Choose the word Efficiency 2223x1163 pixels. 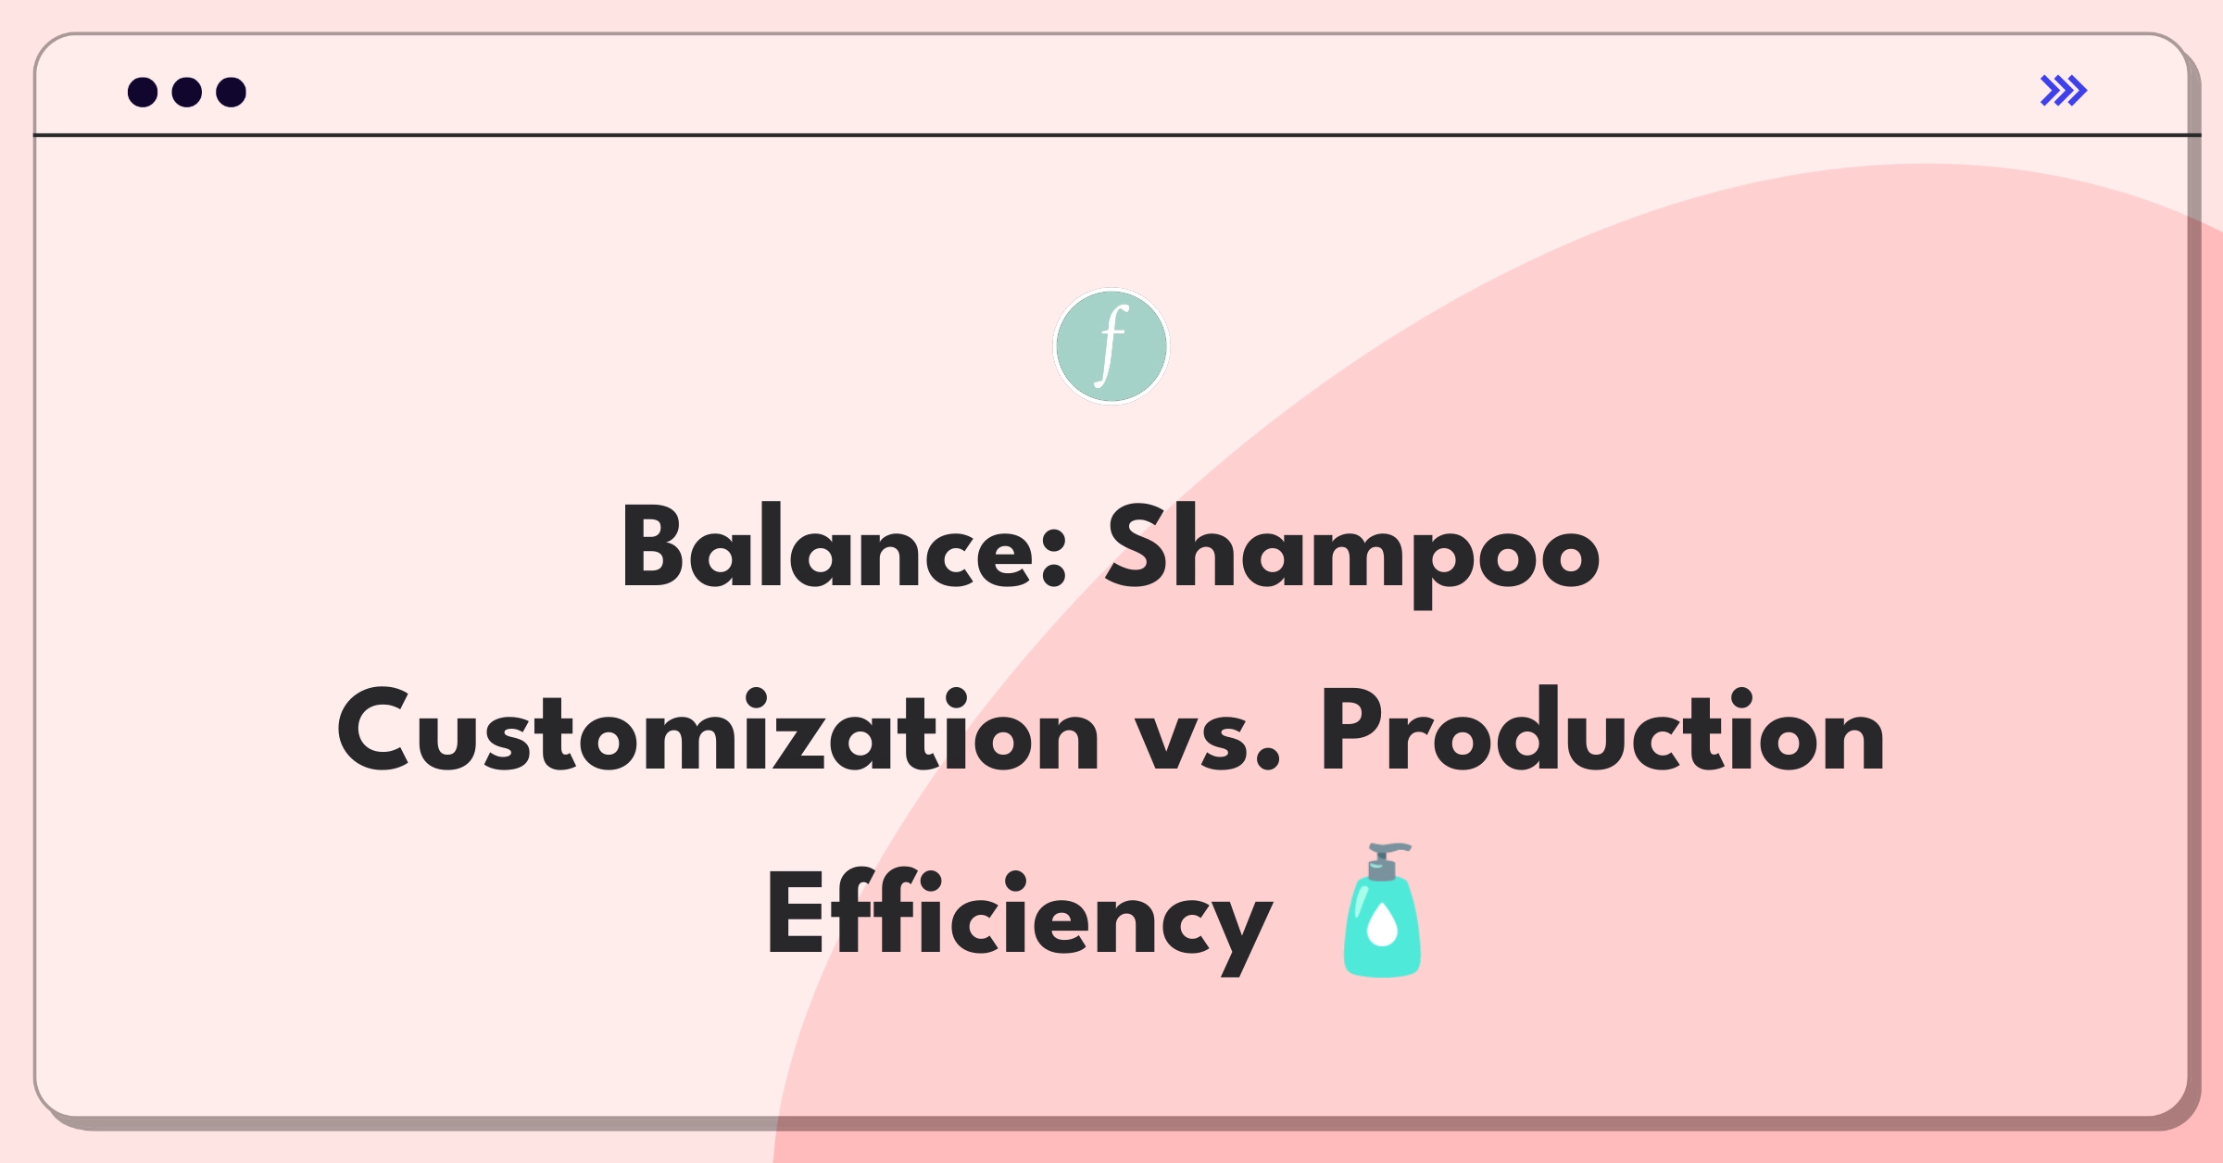point(1018,918)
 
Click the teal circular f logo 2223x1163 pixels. point(1111,346)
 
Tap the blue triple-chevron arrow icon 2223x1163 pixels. point(2064,91)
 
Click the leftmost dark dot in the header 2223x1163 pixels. point(143,92)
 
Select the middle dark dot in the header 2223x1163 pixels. point(187,92)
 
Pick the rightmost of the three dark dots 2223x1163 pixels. point(232,92)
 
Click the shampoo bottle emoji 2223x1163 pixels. point(1382,909)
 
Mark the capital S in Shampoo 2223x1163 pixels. point(1137,546)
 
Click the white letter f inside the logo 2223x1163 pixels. point(1111,345)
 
